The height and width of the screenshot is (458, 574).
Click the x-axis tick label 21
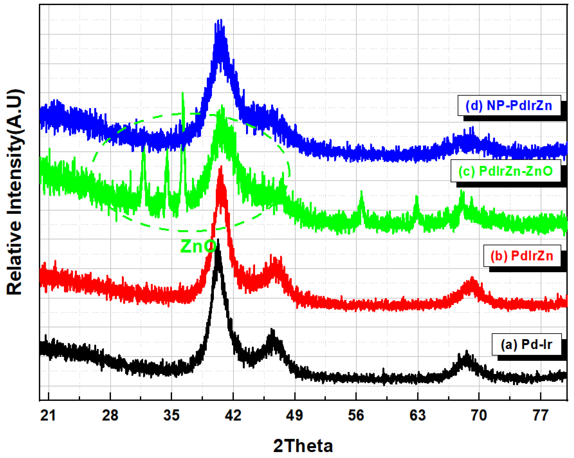click(48, 415)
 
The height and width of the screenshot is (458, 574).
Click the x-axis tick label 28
click(110, 415)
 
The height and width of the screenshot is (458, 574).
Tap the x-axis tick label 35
click(171, 415)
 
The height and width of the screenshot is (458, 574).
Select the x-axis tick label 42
click(233, 415)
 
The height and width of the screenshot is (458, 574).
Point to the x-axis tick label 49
click(295, 415)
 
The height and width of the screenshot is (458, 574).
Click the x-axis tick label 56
click(356, 415)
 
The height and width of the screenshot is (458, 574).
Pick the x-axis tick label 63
click(417, 415)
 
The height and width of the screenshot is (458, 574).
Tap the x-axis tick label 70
click(479, 415)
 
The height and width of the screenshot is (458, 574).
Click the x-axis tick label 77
click(540, 415)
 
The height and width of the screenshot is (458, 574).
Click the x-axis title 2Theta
click(303, 446)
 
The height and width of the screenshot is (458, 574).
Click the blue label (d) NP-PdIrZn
click(509, 106)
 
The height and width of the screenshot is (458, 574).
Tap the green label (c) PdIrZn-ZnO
click(506, 171)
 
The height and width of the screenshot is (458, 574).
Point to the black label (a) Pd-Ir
click(526, 344)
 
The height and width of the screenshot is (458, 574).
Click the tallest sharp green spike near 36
click(183, 93)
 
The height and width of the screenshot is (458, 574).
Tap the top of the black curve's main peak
click(218, 240)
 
